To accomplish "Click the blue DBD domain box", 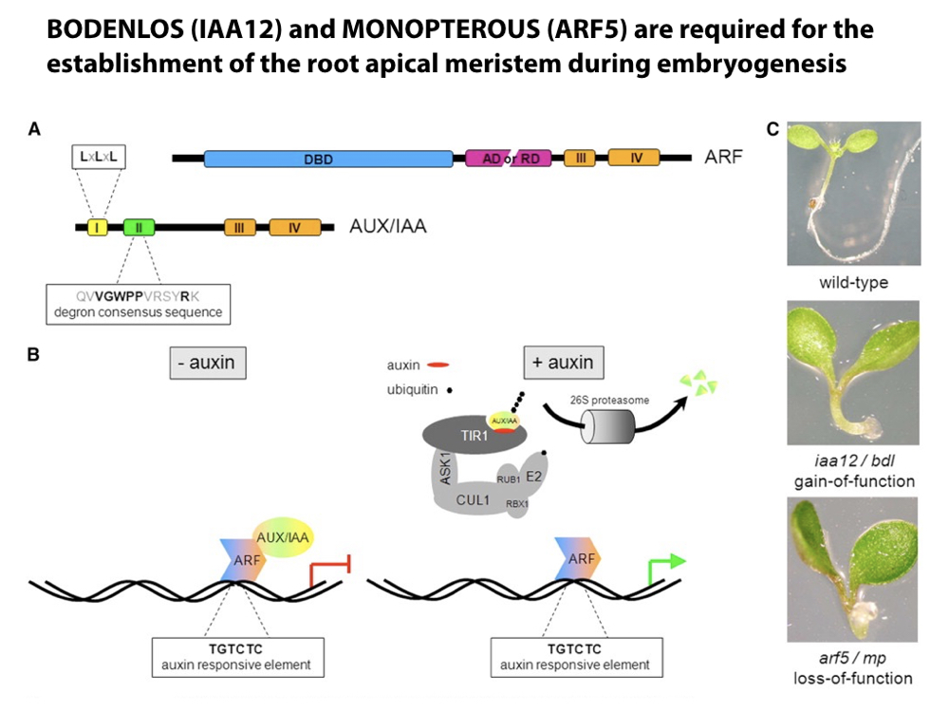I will [328, 159].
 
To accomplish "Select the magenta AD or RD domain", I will [511, 159].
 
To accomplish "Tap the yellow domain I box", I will [98, 227].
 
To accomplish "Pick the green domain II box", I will [139, 227].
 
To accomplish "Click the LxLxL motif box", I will [100, 156].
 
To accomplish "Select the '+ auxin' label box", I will [564, 364].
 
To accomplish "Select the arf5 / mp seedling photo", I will [854, 570].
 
